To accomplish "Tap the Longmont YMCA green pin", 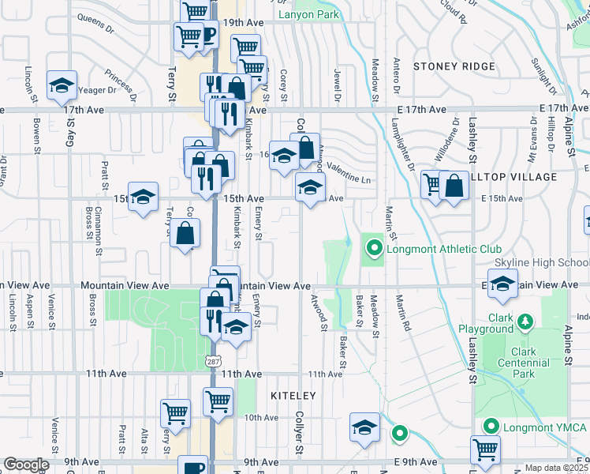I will point(491,427).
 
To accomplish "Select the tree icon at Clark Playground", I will point(524,322).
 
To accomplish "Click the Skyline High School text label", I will point(541,262).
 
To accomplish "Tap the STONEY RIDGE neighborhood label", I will point(454,67).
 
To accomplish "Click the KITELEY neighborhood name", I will point(293,395).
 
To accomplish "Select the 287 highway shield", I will point(214,361).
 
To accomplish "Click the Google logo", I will point(26,465).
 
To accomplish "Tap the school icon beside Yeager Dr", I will point(61,86).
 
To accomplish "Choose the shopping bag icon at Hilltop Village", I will point(455,186).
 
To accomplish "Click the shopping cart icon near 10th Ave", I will point(218,400).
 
